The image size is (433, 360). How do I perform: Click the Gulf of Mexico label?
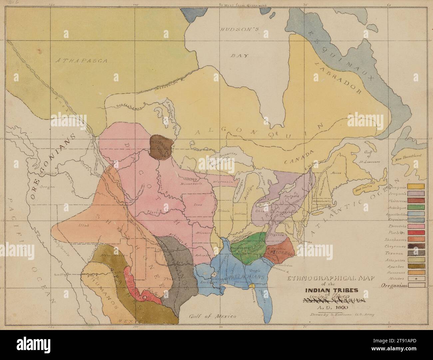click(x=212, y=316)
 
